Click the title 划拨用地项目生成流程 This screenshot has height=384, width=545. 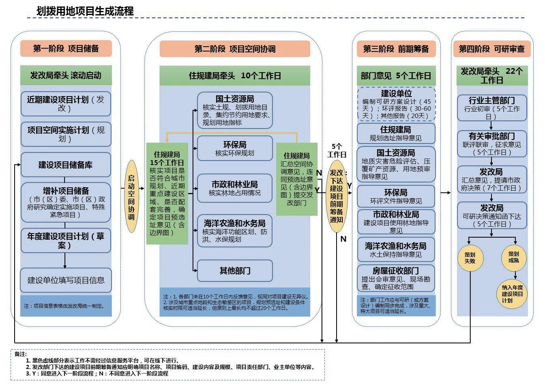(x=85, y=11)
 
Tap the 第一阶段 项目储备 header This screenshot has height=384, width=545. (x=66, y=49)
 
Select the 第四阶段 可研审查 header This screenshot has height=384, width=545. (x=491, y=49)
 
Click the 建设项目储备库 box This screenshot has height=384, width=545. (x=66, y=165)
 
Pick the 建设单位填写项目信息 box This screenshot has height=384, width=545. (x=66, y=280)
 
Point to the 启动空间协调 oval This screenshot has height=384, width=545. (x=131, y=196)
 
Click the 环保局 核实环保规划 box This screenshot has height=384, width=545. (x=235, y=148)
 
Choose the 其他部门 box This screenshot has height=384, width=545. (x=235, y=270)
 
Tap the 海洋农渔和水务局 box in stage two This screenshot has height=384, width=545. (x=235, y=231)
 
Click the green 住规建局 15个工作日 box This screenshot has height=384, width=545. (x=167, y=193)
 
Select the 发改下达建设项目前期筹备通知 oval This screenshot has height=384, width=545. (x=337, y=196)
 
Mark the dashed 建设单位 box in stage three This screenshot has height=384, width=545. (x=396, y=104)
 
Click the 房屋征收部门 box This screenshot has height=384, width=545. (x=396, y=278)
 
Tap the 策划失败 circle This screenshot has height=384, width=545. (x=470, y=257)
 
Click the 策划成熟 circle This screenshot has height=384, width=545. (x=513, y=257)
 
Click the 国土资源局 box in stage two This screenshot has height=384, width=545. (x=235, y=110)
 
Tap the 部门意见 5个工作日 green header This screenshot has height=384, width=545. (x=396, y=76)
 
